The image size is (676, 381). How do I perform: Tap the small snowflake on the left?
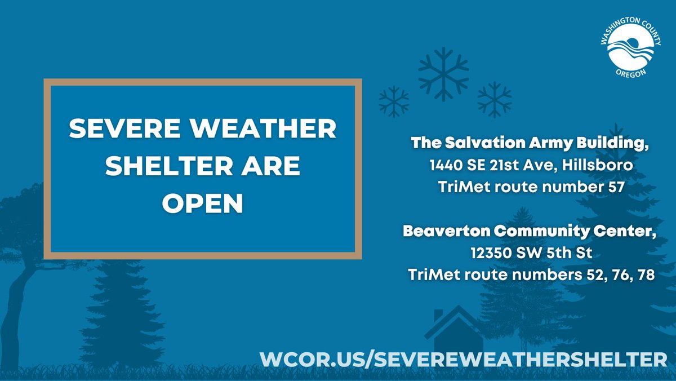394,101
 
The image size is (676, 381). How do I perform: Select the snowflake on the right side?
494,99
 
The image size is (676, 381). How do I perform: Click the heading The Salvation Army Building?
529,144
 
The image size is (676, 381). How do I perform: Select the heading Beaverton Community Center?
529,232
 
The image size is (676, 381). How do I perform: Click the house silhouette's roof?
454,318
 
